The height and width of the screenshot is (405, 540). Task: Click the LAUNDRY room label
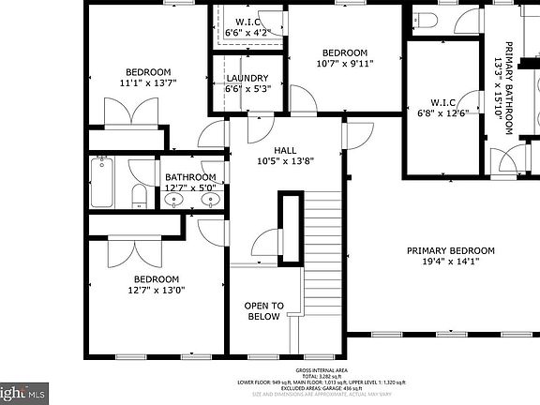[x=247, y=79]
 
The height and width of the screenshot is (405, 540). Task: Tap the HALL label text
[x=285, y=150]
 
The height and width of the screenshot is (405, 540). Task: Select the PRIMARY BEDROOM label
[x=450, y=250]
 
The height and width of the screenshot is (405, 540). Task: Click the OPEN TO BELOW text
[x=263, y=311]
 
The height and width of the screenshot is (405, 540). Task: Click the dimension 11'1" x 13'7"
[x=148, y=82]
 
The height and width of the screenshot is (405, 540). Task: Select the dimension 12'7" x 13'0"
[x=155, y=290]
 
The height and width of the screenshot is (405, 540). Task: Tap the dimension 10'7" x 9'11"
[x=345, y=64]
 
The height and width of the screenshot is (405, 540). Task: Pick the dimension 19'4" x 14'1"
[x=450, y=262]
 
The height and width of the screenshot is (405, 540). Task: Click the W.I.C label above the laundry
[x=247, y=22]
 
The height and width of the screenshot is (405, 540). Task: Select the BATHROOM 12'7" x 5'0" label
[x=190, y=182]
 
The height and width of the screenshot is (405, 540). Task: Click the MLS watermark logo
[x=22, y=394]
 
